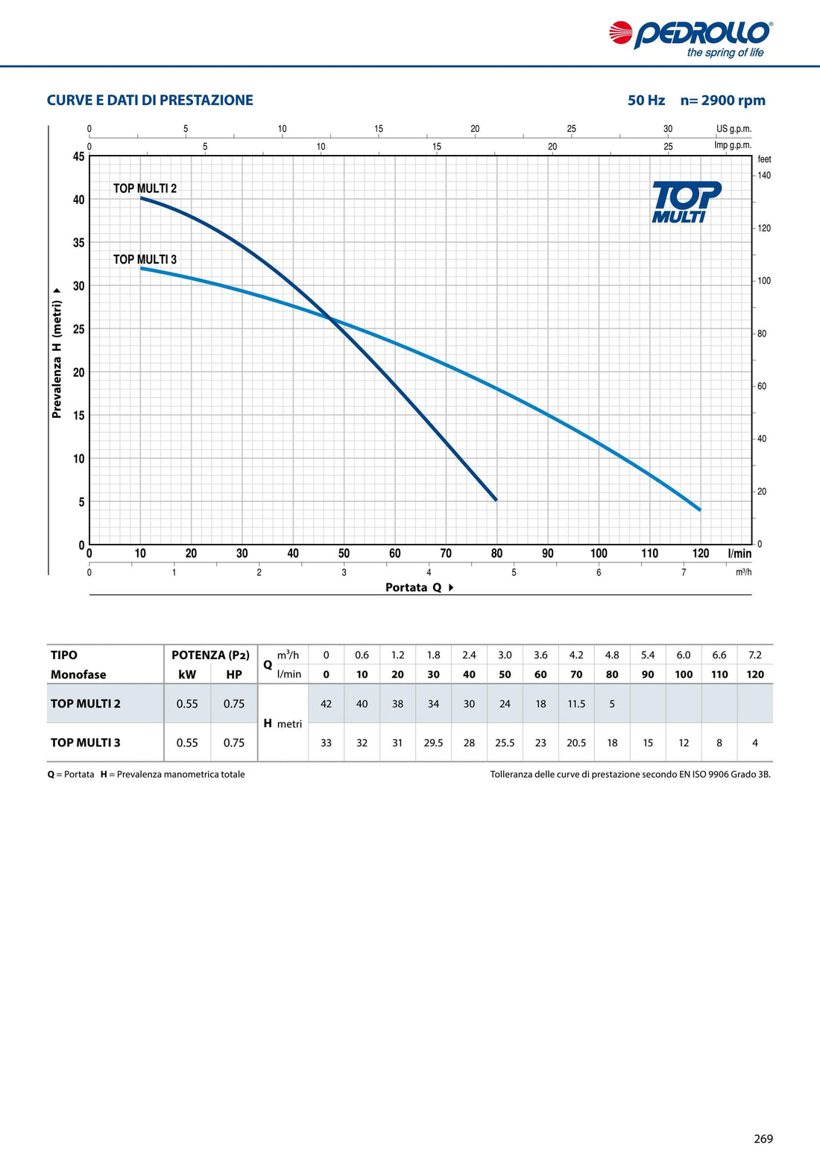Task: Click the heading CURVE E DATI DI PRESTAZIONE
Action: (150, 101)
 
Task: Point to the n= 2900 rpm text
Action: (722, 101)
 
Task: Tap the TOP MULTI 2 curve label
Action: (145, 188)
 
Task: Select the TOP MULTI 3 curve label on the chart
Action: (145, 259)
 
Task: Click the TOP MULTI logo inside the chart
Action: (685, 202)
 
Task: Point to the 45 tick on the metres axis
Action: (79, 156)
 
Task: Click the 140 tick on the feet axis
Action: (764, 176)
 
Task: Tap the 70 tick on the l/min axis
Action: (446, 553)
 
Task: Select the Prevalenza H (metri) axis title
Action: (57, 355)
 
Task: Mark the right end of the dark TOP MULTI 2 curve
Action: (496, 500)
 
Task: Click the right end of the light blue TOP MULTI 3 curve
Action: (699, 509)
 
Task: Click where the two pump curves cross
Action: (331, 319)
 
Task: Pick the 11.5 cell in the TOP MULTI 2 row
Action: (576, 704)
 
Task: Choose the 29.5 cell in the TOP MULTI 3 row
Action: (433, 743)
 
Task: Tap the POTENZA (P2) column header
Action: (210, 655)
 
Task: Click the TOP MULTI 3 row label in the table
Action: (86, 743)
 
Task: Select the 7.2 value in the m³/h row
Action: (755, 655)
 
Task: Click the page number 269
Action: (763, 1139)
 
